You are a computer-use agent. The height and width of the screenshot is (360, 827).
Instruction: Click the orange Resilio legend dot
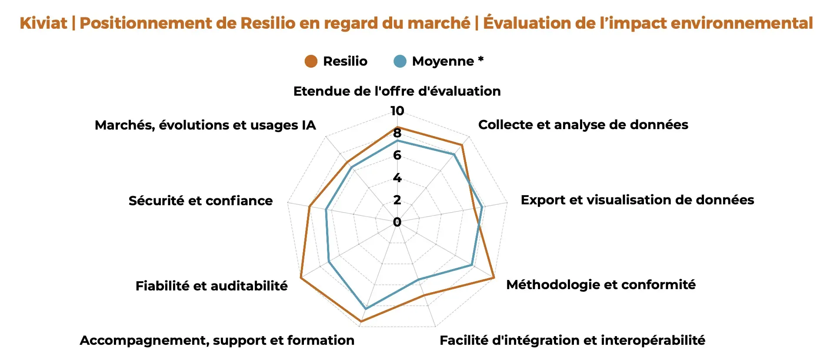tap(311, 61)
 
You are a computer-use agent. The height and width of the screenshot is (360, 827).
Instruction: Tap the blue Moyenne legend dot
tap(400, 61)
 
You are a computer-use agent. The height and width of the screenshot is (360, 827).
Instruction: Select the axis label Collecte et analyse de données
tap(583, 125)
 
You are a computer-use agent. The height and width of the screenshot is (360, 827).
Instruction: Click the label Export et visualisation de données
tap(637, 200)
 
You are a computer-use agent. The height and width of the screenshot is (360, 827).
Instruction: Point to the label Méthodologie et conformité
tap(601, 285)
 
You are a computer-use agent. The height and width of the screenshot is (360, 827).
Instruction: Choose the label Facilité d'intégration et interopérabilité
tap(572, 340)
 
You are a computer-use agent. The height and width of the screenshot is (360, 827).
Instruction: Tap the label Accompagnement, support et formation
tap(217, 340)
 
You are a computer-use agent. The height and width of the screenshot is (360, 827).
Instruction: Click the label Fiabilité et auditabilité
tap(211, 286)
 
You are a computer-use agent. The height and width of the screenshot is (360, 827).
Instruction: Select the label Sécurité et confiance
tap(200, 200)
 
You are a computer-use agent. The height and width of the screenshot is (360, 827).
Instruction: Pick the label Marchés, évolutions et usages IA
tap(205, 125)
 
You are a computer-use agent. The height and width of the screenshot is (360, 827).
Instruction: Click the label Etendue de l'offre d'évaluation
tap(397, 91)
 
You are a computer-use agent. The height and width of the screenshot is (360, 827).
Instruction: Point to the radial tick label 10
tap(397, 111)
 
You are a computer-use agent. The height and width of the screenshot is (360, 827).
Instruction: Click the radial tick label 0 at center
tap(397, 222)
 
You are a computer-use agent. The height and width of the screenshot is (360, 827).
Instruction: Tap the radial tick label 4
tap(397, 178)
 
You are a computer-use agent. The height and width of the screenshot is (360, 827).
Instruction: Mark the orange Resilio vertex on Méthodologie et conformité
tap(494, 277)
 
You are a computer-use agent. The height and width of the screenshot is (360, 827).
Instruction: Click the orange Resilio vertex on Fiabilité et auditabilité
tap(300, 277)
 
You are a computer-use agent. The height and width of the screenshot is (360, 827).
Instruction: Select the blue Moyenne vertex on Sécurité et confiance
tap(326, 210)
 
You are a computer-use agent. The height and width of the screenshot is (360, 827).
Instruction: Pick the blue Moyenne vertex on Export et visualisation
tap(482, 207)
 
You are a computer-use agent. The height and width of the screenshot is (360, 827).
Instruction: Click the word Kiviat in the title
tap(43, 23)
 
